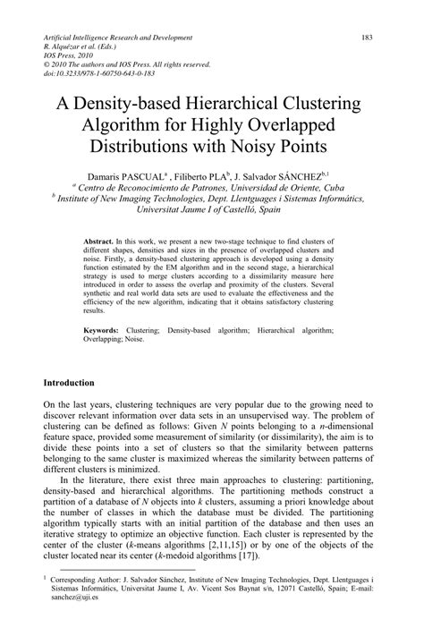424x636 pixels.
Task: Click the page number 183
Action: (367, 38)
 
